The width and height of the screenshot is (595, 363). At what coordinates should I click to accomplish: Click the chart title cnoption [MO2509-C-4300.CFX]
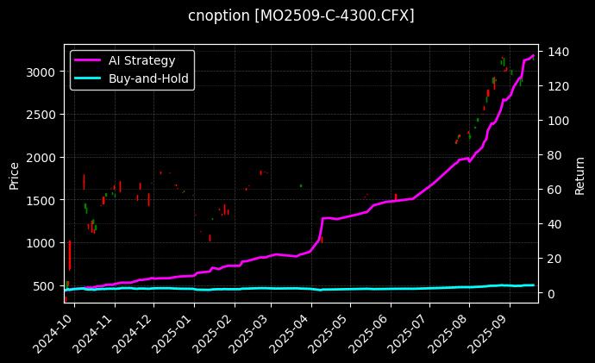[301, 16]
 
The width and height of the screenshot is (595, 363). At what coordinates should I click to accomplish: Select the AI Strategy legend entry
[141, 60]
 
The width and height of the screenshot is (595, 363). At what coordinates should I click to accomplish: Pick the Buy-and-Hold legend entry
[148, 78]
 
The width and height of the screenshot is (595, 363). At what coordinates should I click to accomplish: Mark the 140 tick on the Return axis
[554, 52]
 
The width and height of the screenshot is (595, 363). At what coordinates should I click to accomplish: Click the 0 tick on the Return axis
[549, 293]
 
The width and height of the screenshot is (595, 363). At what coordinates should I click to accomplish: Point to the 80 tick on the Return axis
[552, 155]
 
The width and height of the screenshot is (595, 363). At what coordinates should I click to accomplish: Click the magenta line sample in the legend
[88, 60]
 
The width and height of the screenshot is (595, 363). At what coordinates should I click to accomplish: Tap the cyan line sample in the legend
[88, 78]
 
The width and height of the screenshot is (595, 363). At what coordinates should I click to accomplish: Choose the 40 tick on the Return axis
[552, 224]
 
